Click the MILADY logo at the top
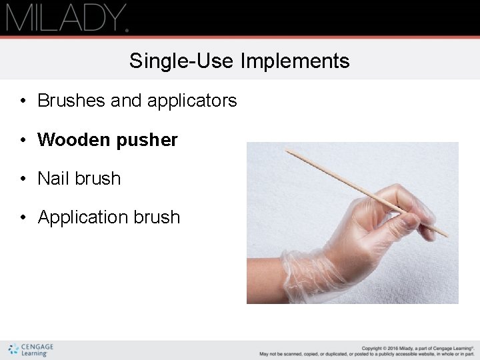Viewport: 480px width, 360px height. [67, 17]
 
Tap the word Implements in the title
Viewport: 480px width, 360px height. [295, 61]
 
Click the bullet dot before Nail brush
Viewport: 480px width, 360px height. [23, 179]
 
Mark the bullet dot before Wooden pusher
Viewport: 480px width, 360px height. [23, 141]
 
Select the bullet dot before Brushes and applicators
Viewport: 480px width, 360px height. [23, 101]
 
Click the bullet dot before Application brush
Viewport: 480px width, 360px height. [23, 218]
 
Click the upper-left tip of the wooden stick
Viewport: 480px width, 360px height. [288, 151]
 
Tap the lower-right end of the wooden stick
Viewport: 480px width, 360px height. [446, 235]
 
